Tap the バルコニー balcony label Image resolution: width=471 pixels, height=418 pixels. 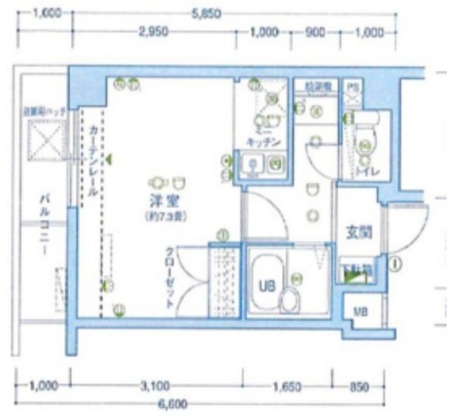click(x=45, y=224)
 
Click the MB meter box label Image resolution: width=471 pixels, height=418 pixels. click(x=361, y=311)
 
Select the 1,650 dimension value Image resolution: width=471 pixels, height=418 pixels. click(x=286, y=385)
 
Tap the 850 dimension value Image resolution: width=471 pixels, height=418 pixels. click(x=361, y=385)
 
